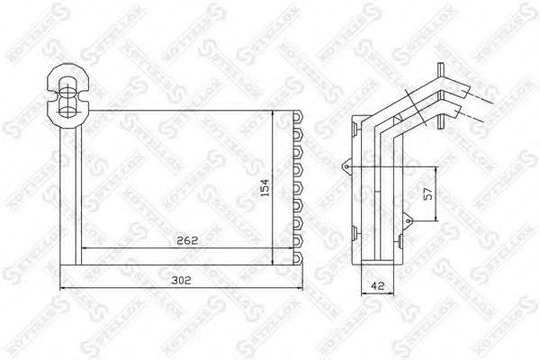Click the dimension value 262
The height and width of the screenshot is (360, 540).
coord(187,240)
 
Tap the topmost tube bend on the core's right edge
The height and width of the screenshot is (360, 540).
coord(295,118)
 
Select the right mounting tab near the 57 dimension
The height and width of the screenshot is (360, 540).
coord(408,217)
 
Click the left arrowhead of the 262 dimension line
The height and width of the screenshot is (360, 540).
coord(85,248)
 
